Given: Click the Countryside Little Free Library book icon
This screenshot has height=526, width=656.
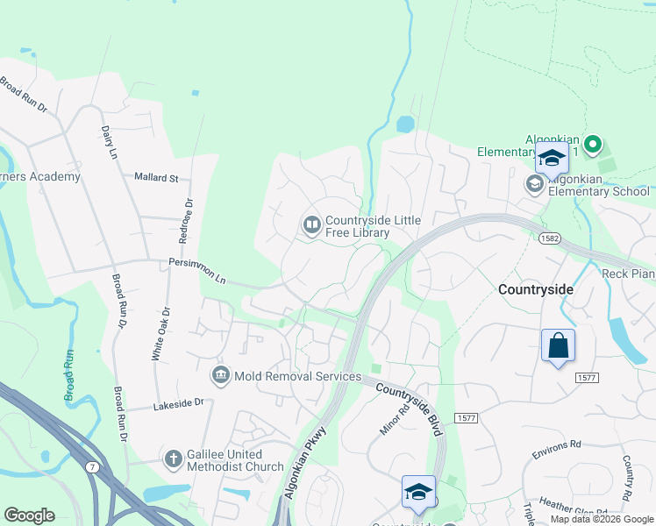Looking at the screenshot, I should click(x=311, y=225).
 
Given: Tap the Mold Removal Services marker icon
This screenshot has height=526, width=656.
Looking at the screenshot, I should click(x=220, y=376).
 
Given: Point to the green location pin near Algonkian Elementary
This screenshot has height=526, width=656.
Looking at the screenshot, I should click(x=592, y=144).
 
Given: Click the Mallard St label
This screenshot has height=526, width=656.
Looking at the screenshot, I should click(x=156, y=177).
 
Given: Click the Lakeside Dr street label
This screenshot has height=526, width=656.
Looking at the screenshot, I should click(x=178, y=404).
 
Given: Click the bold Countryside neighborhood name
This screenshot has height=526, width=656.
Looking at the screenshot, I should click(x=535, y=288).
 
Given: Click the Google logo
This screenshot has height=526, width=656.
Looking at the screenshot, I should click(x=29, y=515).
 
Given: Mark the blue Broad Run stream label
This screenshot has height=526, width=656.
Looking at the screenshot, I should click(x=69, y=376).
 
